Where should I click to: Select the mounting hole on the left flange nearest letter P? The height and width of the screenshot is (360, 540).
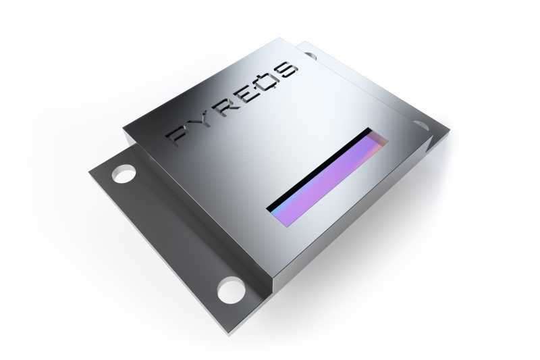click(x=124, y=175)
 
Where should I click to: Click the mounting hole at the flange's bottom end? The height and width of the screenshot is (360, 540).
click(x=230, y=292)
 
